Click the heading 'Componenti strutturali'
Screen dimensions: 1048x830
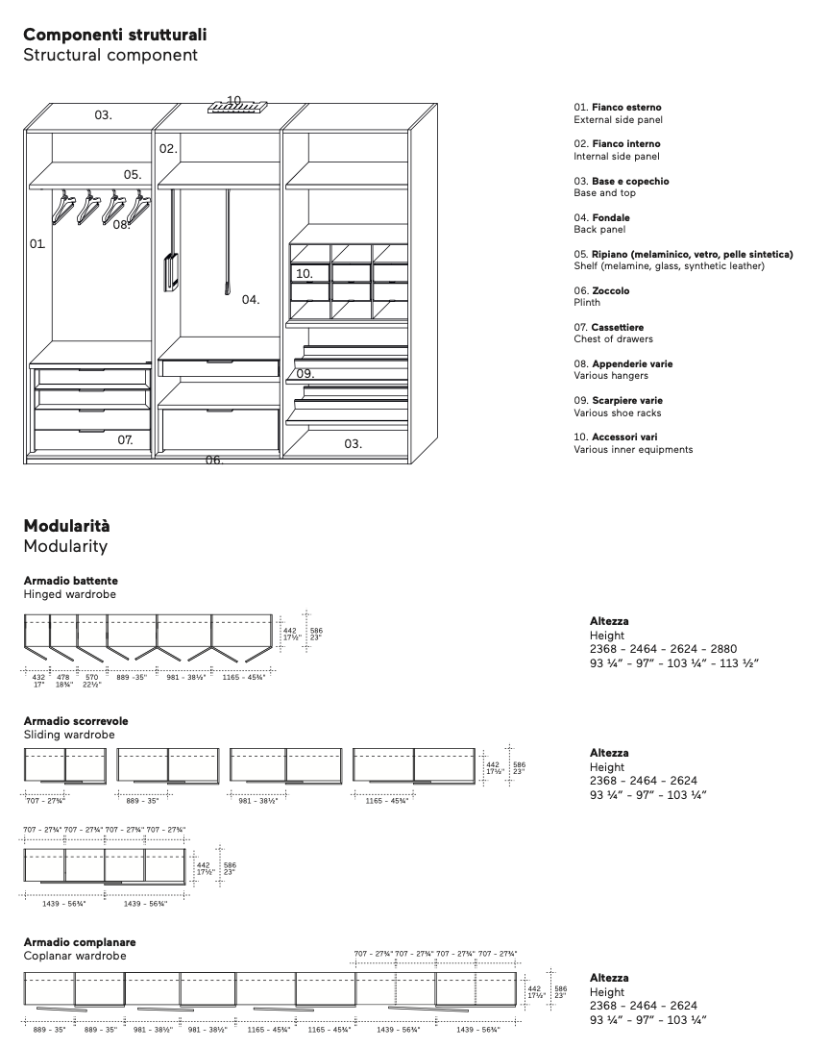pos(114,35)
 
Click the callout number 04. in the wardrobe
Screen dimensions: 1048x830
pos(251,300)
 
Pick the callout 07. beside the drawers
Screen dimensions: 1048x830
pos(126,439)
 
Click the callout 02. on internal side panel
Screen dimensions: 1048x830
pos(168,149)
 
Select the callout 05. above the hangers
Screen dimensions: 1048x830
pos(133,175)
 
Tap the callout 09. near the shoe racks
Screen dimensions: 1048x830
pos(305,373)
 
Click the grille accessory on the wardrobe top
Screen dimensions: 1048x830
pos(235,105)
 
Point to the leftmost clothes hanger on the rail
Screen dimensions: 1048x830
pos(63,208)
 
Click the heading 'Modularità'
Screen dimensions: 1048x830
pos(66,526)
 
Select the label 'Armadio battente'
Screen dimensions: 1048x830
pos(70,581)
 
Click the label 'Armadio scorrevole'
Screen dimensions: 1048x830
pos(75,720)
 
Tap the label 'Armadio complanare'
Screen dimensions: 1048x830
pos(79,942)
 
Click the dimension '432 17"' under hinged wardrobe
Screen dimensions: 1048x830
pos(39,679)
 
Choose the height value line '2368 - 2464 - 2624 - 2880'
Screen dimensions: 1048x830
pos(663,649)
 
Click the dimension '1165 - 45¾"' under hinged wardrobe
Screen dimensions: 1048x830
pos(245,677)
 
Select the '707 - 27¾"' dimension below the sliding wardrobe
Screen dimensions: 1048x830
pos(44,800)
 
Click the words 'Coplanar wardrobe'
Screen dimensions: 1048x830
pos(74,956)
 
